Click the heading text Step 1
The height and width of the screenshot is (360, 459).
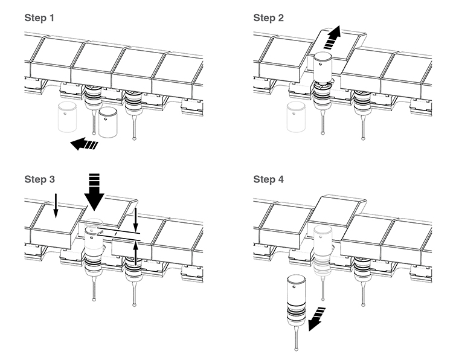pyautogui.click(x=39, y=18)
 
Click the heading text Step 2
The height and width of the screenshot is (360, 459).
pyautogui.click(x=269, y=18)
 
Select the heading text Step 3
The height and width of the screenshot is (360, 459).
pyautogui.click(x=39, y=179)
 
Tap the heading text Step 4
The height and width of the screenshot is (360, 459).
pyautogui.click(x=269, y=179)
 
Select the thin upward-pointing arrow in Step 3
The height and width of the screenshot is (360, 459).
pyautogui.click(x=135, y=253)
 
